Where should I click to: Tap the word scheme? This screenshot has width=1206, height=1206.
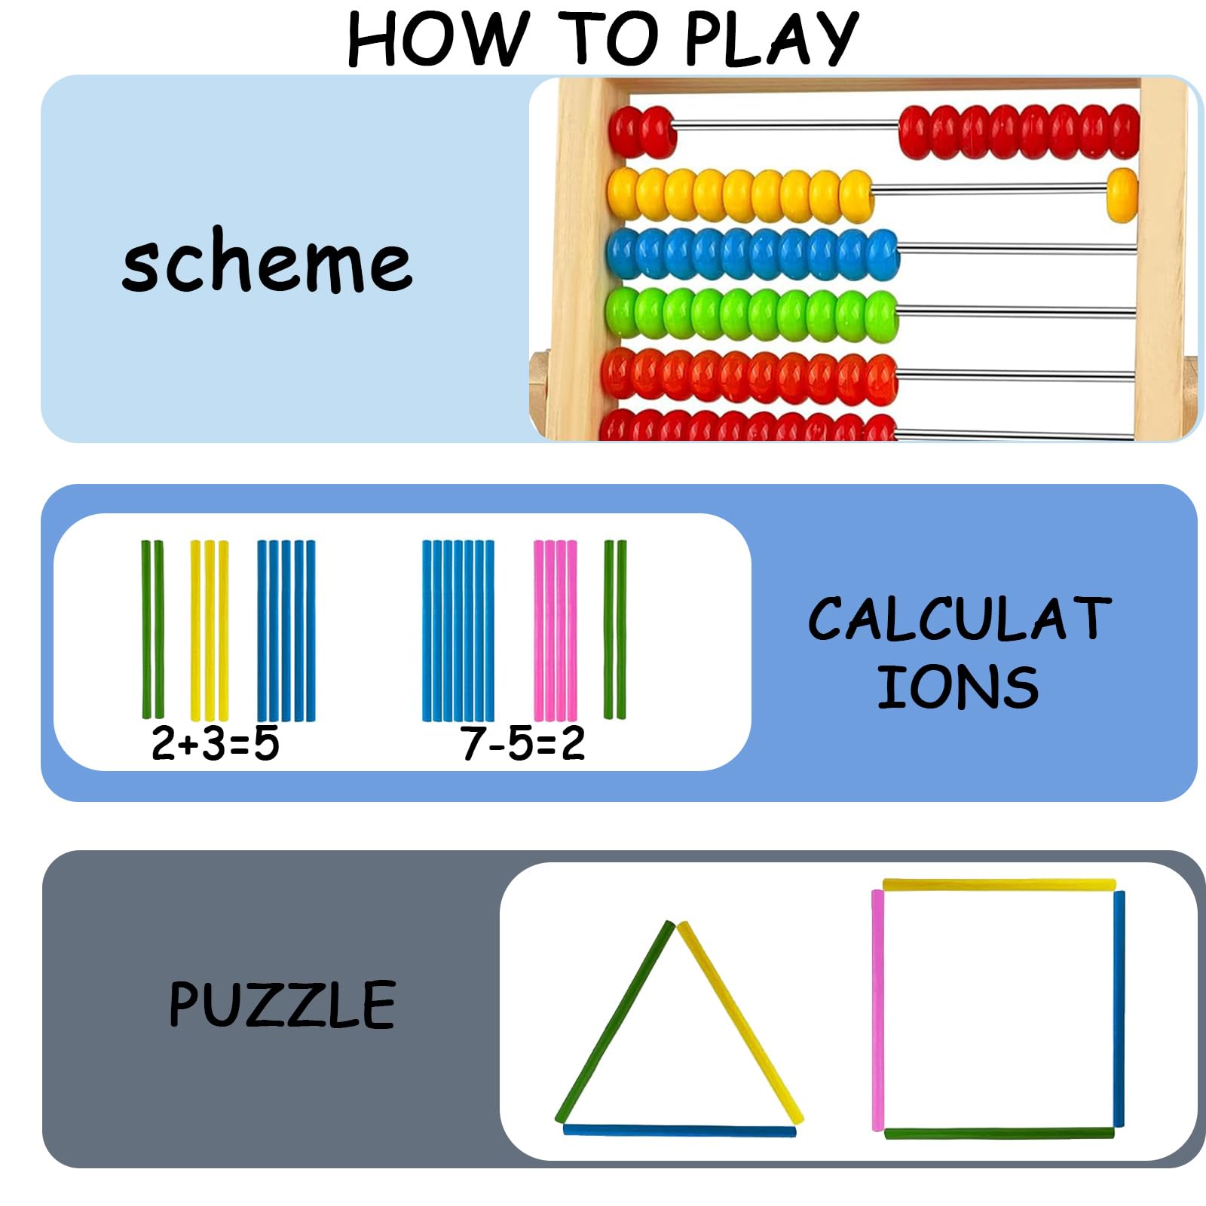[268, 260]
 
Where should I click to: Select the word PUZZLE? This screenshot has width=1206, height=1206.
[282, 1004]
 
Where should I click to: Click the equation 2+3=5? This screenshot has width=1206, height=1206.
[216, 743]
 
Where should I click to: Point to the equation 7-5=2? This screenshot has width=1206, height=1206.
[523, 743]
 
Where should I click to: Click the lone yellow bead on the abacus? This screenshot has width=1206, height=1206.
[1122, 195]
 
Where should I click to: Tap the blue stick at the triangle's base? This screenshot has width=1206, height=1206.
[680, 1131]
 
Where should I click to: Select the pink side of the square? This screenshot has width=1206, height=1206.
[878, 1010]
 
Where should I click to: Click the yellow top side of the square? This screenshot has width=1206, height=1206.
[999, 884]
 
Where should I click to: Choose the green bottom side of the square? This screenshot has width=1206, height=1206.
[999, 1132]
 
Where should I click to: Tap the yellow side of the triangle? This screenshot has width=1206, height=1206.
[740, 1022]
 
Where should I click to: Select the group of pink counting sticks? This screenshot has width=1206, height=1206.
[556, 630]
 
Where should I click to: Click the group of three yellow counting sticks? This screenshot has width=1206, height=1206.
[210, 630]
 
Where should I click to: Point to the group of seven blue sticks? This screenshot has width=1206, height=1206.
[458, 630]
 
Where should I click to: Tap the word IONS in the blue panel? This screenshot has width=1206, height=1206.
[958, 687]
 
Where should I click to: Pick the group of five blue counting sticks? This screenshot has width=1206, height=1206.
[286, 630]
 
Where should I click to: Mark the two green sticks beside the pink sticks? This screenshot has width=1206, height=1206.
[615, 629]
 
